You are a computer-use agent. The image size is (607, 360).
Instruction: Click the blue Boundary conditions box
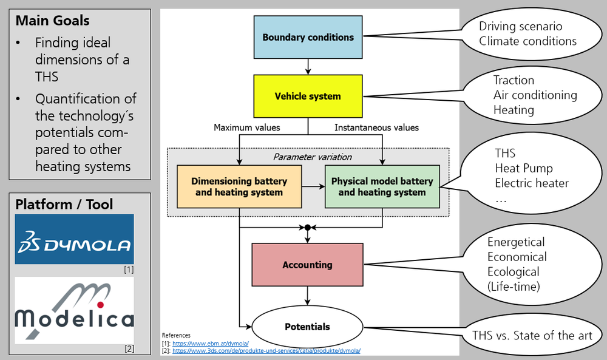pos(308,37)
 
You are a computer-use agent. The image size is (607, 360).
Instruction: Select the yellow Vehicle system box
pos(308,96)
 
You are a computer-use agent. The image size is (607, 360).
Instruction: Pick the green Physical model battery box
pos(382,187)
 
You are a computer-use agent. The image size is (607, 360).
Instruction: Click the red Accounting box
pos(308,265)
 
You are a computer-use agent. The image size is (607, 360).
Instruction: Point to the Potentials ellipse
pos(308,327)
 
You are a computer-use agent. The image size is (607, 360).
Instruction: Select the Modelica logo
pos(74,310)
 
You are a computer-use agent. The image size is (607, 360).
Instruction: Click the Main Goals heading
pos(52,21)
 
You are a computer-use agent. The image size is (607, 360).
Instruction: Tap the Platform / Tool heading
pos(64,204)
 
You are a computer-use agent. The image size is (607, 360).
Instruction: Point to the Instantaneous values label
pos(377,127)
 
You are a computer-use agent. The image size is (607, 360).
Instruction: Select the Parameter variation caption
pos(312,157)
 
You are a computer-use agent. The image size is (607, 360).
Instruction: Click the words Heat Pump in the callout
pos(524,168)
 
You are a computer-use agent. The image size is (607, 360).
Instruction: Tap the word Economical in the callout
pos(517,257)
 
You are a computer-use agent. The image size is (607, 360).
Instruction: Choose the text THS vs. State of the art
pos(532,335)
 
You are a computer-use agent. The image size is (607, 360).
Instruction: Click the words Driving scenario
pos(520,27)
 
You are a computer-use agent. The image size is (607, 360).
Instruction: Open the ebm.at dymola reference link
pos(206,343)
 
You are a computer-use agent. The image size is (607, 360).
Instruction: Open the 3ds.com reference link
pos(266,350)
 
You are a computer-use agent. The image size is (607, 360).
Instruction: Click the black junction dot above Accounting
pos(308,228)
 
